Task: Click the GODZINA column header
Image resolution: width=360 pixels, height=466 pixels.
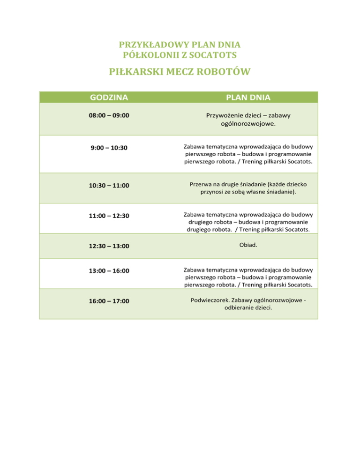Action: (109, 98)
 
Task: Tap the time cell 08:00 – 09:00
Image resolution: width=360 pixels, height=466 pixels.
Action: (109, 115)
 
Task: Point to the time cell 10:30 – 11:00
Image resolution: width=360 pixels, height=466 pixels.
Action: (109, 186)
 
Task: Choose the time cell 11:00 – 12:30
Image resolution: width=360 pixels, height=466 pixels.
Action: (109, 216)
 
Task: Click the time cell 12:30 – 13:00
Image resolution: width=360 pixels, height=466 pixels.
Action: (109, 246)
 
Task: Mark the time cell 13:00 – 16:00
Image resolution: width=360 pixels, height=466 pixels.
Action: (109, 271)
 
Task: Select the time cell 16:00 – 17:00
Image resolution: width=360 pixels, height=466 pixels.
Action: (109, 301)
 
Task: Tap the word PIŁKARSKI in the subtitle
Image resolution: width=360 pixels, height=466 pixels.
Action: (134, 72)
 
